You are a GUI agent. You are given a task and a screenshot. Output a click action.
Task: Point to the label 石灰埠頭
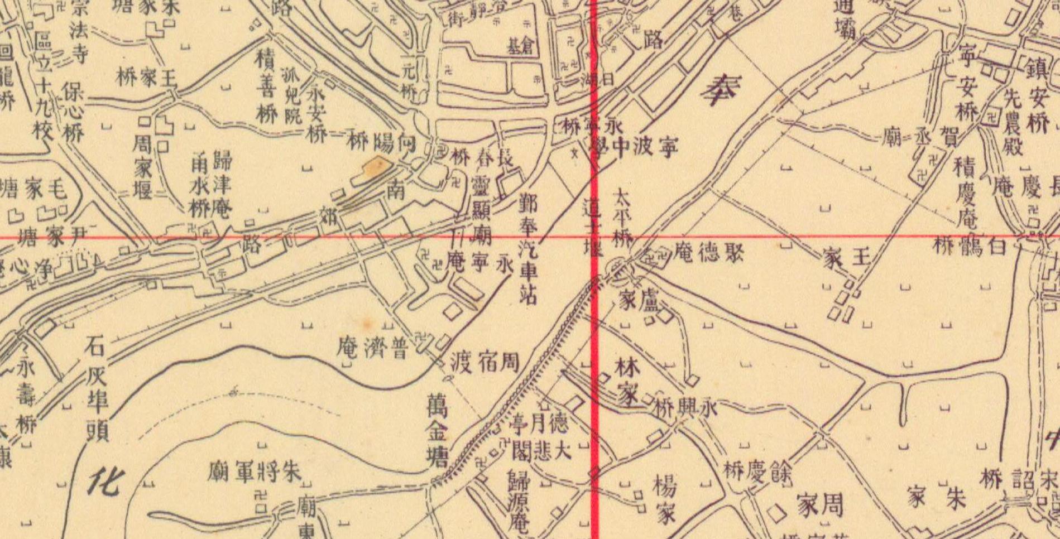(97, 390)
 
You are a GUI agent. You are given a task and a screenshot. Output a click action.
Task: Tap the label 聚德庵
(708, 253)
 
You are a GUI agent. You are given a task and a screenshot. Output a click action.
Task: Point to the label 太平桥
(622, 218)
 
